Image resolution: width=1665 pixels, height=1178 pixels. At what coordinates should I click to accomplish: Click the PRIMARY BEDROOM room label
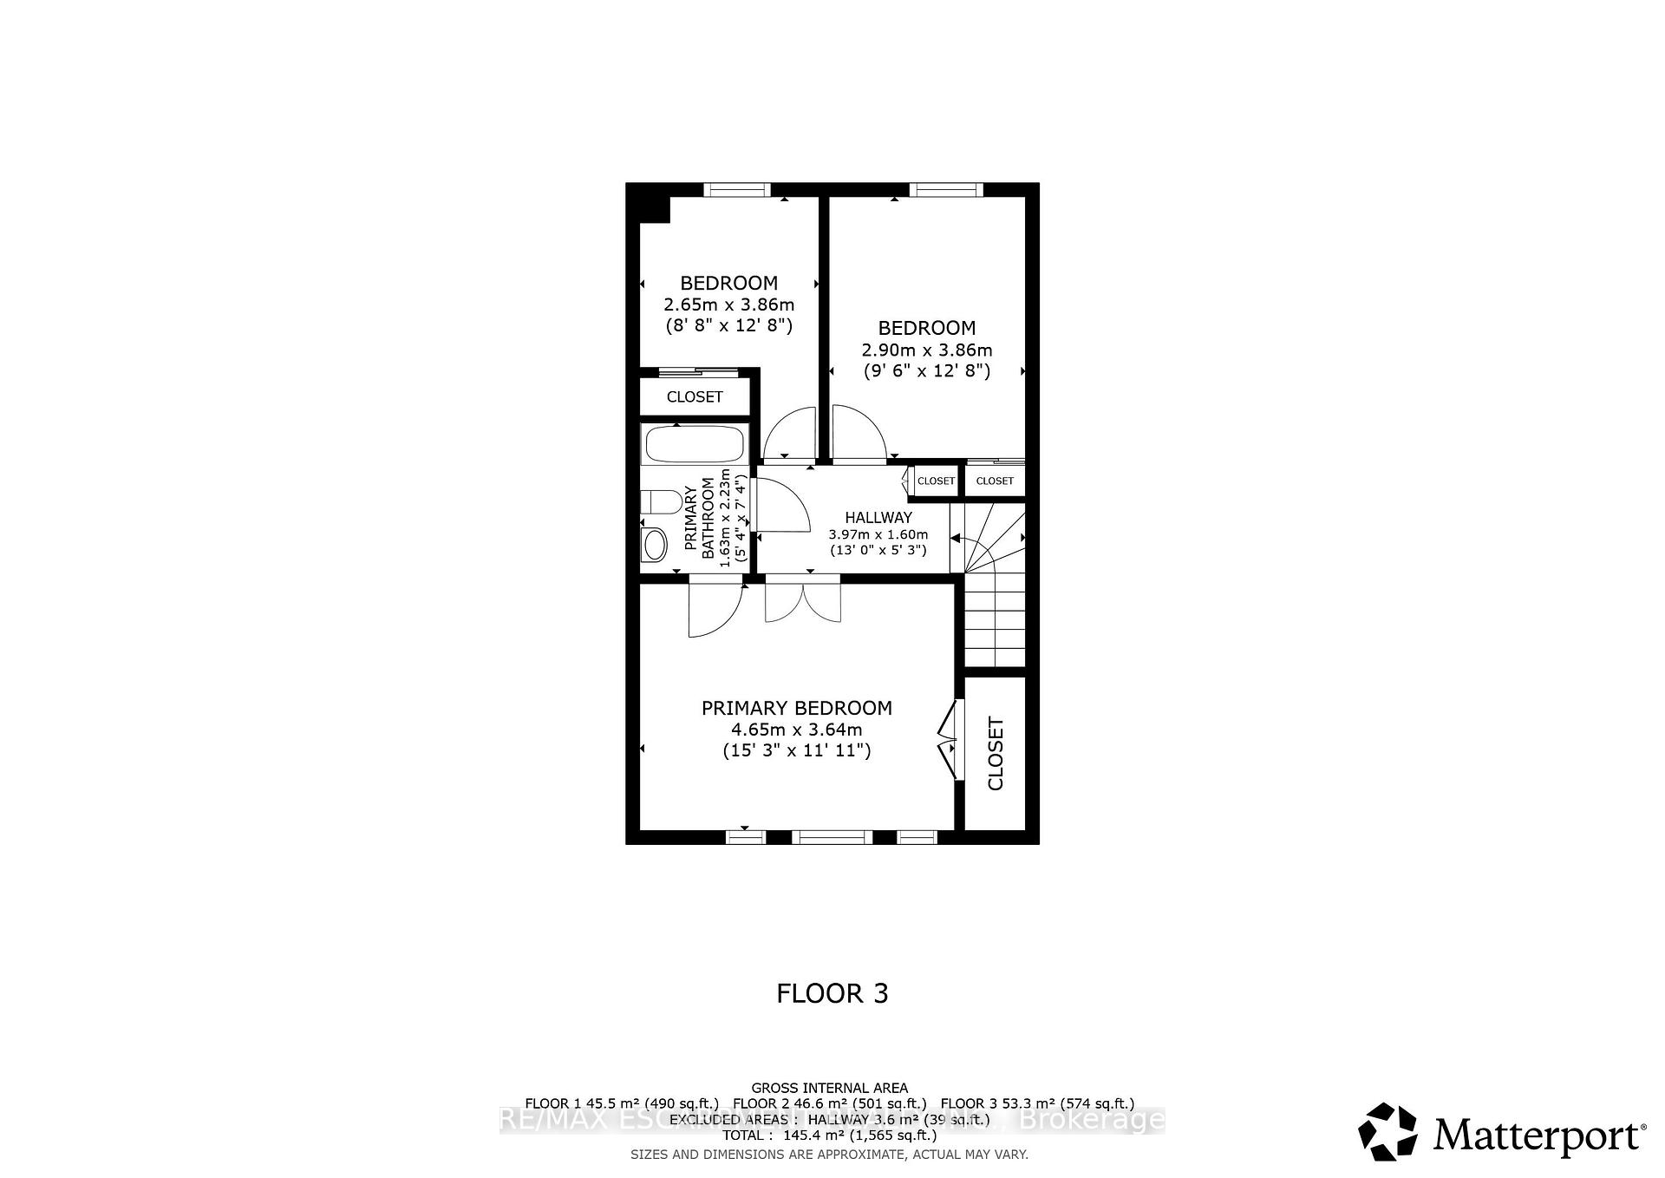796,708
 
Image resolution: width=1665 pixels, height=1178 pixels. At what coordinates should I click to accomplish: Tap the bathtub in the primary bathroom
693,444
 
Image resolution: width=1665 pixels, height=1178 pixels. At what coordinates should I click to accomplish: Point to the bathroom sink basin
655,545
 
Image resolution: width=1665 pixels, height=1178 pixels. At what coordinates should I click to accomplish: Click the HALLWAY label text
878,517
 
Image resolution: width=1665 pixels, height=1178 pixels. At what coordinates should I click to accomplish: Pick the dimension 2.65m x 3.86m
728,304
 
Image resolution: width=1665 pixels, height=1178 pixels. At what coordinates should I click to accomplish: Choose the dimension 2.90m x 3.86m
926,350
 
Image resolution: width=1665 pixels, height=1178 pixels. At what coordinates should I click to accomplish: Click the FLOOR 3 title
832,993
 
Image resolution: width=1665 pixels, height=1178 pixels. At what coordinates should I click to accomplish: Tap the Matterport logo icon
1387,1131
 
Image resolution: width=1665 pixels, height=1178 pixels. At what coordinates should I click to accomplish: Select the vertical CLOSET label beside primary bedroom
996,753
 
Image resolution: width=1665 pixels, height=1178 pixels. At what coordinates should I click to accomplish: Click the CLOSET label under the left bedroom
695,397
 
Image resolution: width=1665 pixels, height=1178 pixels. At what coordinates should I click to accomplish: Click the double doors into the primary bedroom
803,600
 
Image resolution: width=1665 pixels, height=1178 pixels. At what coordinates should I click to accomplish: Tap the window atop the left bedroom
736,189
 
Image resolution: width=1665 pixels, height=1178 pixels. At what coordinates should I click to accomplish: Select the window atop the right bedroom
945,189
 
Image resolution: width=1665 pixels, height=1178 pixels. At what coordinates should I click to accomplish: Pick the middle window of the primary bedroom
832,836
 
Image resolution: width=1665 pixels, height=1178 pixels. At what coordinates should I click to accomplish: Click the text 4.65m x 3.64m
796,730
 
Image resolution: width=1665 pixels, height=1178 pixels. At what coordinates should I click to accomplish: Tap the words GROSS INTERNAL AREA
829,1088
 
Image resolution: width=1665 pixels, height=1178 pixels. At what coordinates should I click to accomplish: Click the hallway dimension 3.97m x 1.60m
878,534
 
